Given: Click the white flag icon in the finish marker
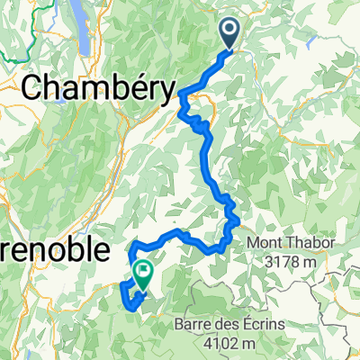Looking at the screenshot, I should click(x=142, y=268).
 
